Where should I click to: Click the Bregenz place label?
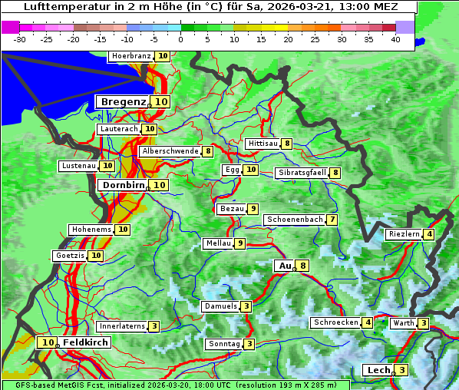click(123, 101)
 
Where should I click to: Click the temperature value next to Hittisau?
click(287, 144)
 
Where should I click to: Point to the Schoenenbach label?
click(294, 220)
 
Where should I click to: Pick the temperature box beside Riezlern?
click(429, 234)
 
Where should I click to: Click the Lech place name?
click(378, 370)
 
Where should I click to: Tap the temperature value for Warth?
click(424, 323)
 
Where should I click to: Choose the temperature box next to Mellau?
click(240, 243)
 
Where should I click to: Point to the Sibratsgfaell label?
click(302, 173)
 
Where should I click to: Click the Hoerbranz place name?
click(130, 56)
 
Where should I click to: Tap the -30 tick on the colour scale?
click(20, 39)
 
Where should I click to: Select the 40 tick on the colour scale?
click(395, 39)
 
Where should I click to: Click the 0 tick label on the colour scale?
click(181, 39)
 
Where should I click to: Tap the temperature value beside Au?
click(304, 266)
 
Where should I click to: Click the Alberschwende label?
click(170, 151)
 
